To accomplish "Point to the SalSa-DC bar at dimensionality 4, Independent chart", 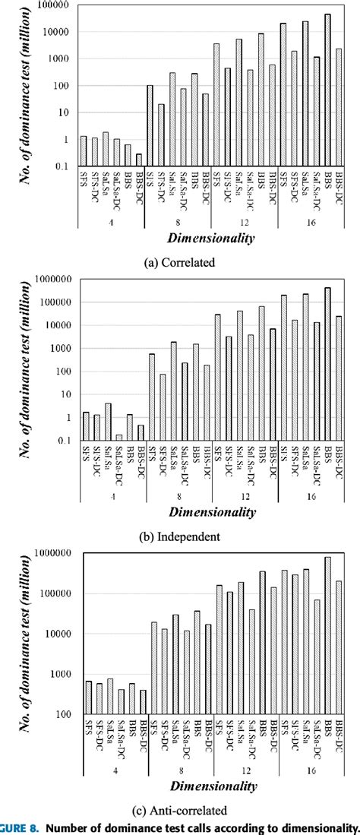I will pos(118,438).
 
